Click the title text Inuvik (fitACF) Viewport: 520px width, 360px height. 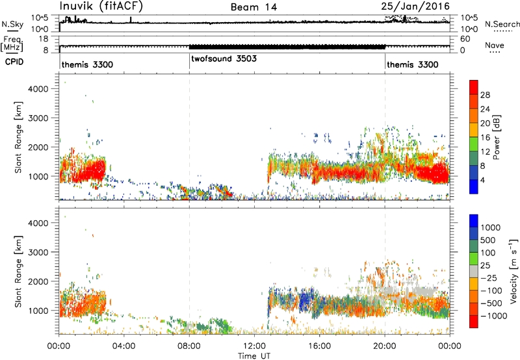tap(101, 6)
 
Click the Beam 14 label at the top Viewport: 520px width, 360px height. tap(253, 7)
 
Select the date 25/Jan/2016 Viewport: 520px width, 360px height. tap(415, 6)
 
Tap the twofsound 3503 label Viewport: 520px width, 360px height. tap(224, 58)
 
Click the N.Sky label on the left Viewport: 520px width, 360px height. tap(12, 24)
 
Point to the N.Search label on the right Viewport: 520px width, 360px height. tap(502, 24)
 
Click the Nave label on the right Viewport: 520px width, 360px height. tap(495, 45)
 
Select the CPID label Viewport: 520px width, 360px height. tap(14, 62)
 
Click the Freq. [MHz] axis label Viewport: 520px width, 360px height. tap(12, 44)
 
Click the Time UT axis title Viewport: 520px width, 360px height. tap(254, 355)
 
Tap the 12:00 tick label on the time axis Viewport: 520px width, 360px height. tap(254, 346)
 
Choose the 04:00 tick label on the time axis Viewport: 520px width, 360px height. tap(123, 346)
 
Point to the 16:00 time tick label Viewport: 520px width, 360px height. tap(319, 346)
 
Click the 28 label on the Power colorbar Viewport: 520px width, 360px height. tap(485, 95)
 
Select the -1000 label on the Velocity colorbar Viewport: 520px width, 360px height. tap(494, 316)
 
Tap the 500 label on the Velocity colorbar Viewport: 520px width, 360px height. tap(488, 240)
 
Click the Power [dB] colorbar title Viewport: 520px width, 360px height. tap(496, 137)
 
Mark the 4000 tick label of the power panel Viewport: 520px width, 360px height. tap(38, 89)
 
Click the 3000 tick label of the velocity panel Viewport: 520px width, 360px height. tap(38, 252)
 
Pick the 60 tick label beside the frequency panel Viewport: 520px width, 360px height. tap(465, 39)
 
